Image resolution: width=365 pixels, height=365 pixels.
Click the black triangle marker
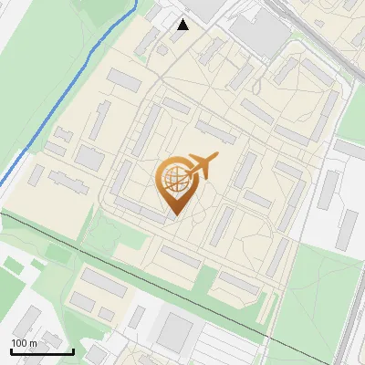click(x=183, y=25)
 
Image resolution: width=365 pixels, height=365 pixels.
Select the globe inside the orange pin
click(x=175, y=181)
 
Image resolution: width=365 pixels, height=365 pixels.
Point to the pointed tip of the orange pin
click(x=174, y=215)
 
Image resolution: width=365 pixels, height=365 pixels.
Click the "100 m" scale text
click(x=24, y=343)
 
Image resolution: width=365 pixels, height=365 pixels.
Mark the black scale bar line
click(x=42, y=351)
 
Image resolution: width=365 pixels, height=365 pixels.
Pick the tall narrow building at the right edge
click(x=348, y=229)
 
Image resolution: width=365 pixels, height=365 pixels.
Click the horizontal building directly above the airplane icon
click(x=215, y=132)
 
